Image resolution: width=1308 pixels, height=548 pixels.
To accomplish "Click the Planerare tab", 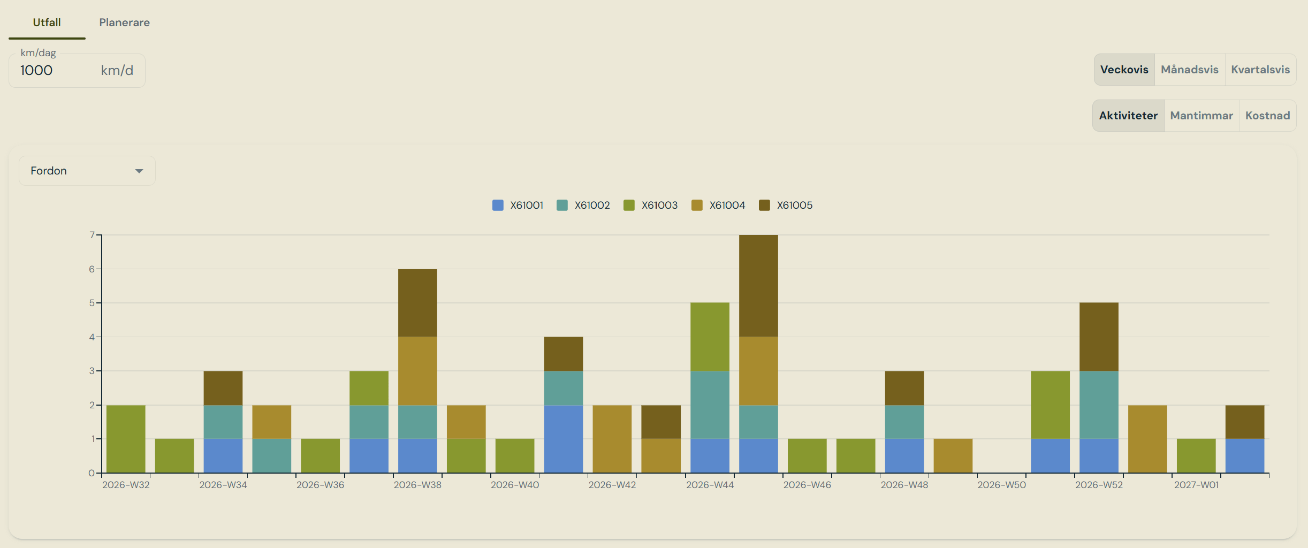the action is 124,22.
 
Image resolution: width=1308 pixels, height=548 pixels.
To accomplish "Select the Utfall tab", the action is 47,22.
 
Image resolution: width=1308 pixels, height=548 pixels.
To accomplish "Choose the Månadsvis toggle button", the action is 1189,70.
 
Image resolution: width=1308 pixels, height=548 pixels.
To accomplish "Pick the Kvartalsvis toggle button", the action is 1260,70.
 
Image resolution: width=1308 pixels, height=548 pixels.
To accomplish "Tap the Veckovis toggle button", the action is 1124,70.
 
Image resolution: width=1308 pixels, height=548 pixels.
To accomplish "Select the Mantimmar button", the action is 1201,116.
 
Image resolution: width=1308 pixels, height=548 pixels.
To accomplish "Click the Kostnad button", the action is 1267,116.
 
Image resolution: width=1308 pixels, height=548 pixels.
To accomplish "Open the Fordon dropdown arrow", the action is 139,171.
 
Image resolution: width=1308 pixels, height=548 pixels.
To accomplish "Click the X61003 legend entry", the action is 651,205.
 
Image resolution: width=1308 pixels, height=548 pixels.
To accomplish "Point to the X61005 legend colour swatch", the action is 764,205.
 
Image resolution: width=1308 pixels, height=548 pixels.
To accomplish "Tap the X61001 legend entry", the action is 518,205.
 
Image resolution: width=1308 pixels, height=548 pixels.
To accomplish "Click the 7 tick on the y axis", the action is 92,235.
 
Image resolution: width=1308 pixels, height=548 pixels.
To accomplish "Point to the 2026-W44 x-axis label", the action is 710,485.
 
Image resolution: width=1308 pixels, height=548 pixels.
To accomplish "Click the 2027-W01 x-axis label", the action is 1196,485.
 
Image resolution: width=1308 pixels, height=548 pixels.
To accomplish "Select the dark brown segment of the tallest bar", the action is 758,286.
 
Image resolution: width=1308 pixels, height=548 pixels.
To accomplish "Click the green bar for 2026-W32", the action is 126,439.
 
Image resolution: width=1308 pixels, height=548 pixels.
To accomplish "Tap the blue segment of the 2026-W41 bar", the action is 564,439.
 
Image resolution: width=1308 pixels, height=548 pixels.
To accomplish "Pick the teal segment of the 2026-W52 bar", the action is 1099,405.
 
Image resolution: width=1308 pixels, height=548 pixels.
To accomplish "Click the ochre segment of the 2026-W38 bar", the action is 417,371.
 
